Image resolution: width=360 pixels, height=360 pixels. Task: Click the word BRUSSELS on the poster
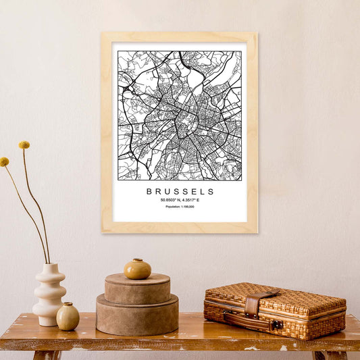click(180, 192)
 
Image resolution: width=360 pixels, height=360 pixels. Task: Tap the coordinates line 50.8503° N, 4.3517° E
click(180, 200)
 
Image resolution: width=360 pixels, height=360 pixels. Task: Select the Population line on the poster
click(180, 207)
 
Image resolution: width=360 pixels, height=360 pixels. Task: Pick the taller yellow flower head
click(24, 145)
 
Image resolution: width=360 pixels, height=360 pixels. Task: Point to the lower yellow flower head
click(4, 162)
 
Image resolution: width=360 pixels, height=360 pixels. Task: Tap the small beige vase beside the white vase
click(68, 316)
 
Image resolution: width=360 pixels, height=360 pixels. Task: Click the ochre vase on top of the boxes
click(137, 269)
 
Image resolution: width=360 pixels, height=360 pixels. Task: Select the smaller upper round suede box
click(137, 288)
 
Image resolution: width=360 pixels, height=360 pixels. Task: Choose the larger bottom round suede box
click(137, 315)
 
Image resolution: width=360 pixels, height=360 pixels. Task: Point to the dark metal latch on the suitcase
click(276, 325)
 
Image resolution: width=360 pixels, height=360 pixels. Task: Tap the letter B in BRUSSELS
click(149, 192)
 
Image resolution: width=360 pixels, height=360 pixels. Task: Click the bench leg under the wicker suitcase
click(319, 355)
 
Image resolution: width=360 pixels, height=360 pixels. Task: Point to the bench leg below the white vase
click(47, 355)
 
